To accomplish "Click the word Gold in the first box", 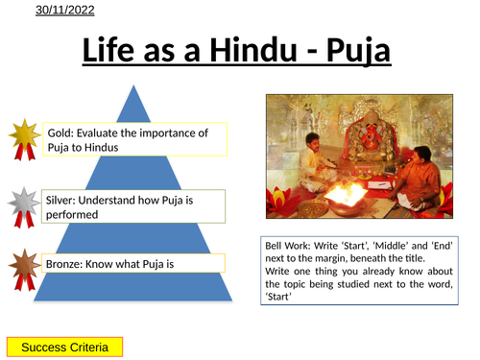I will [x=60, y=132].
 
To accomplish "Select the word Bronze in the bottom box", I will [x=65, y=262].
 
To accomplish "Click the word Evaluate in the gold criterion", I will [x=106, y=132].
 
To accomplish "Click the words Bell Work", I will [x=288, y=246].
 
